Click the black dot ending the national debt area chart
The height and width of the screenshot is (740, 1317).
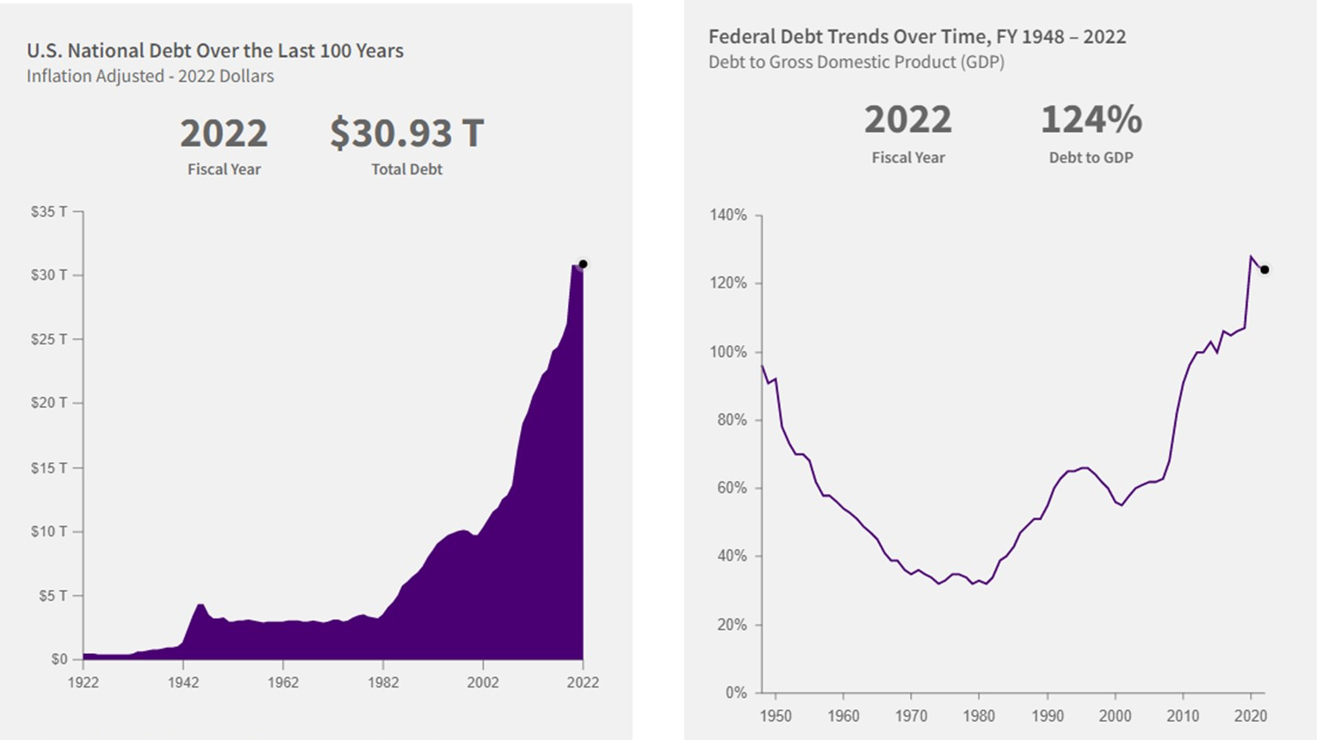583,264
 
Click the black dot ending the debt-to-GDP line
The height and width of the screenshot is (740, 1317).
1264,270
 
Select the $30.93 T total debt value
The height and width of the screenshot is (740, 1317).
406,133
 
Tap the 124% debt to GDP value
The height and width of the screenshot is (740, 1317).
1091,120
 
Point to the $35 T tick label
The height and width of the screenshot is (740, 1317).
48,212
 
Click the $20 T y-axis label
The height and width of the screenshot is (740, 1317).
48,403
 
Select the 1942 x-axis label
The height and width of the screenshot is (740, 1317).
183,682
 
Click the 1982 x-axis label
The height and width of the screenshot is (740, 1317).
383,682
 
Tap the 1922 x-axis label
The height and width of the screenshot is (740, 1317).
83,682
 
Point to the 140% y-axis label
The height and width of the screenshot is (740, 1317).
728,215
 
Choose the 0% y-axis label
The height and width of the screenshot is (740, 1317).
735,693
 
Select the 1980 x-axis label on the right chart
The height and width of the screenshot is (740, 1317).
979,716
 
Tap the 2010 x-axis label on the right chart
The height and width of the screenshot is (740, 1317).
1183,716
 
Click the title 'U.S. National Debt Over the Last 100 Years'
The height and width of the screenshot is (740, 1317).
215,51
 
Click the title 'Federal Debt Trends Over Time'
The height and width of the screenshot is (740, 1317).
917,37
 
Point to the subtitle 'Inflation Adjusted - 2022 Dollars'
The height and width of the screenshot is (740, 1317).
150,77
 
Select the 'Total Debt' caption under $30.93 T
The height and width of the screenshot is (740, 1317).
406,170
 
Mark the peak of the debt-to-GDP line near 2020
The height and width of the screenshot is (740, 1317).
1250,256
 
